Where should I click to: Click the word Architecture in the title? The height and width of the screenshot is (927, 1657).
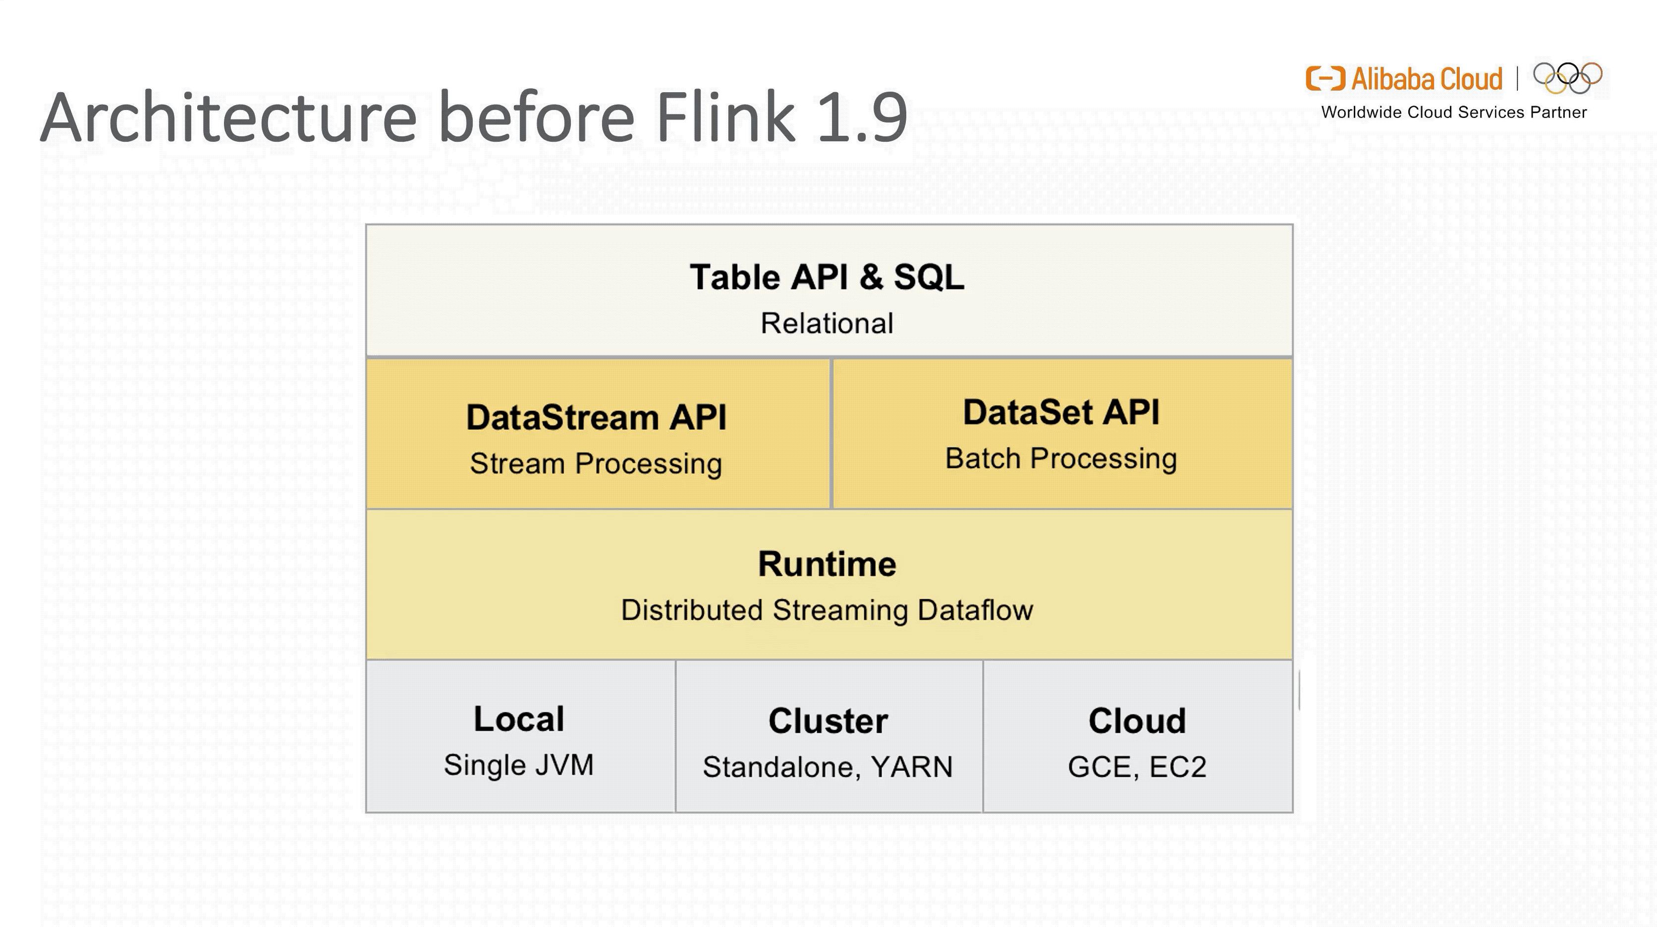pyautogui.click(x=228, y=117)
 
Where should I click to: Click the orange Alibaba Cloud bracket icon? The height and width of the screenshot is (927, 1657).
pyautogui.click(x=1325, y=78)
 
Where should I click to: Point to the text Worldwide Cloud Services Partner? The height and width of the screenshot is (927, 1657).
pyautogui.click(x=1454, y=113)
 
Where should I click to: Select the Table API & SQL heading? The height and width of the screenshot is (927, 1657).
pyautogui.click(x=827, y=277)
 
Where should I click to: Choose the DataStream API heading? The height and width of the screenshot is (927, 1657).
pyautogui.click(x=596, y=417)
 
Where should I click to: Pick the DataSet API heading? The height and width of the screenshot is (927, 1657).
pyautogui.click(x=1061, y=412)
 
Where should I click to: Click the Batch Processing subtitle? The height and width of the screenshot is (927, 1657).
pyautogui.click(x=1061, y=459)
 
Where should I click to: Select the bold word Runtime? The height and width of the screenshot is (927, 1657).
pyautogui.click(x=827, y=564)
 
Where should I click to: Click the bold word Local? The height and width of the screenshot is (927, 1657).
pyautogui.click(x=518, y=719)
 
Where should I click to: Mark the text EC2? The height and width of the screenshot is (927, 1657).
pyautogui.click(x=1177, y=767)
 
